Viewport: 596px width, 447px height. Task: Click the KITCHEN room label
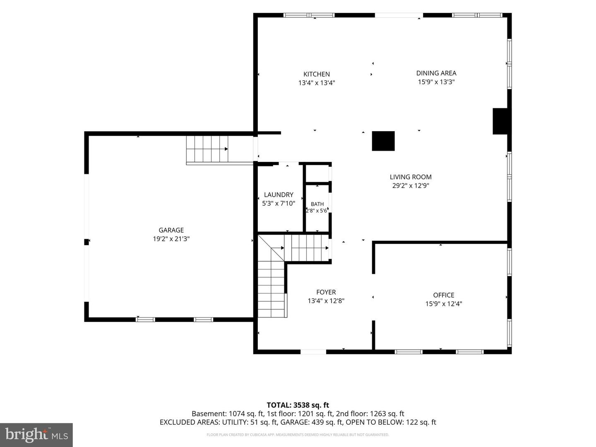coord(316,74)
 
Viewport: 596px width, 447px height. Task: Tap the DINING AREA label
coord(436,73)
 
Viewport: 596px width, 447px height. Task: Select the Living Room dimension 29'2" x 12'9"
coord(411,186)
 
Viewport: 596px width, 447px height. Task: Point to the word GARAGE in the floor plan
coord(171,230)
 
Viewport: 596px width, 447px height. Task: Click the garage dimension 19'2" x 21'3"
coord(171,239)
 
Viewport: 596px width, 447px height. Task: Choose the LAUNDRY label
coord(279,195)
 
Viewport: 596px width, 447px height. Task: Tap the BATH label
coord(317,204)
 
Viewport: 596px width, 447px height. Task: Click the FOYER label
coord(326,292)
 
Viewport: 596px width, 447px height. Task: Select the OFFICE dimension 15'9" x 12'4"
coord(444,304)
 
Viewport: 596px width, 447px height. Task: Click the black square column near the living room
coord(383,141)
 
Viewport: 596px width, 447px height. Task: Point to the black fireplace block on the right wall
coord(500,121)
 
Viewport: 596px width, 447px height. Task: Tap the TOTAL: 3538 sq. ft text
coord(298,405)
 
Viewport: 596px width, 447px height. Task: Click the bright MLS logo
coord(36,435)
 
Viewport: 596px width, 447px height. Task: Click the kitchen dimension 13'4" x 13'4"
coord(317,83)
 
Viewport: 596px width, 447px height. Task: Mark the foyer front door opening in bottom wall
coord(313,352)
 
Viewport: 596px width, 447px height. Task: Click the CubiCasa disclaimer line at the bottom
coord(298,435)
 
